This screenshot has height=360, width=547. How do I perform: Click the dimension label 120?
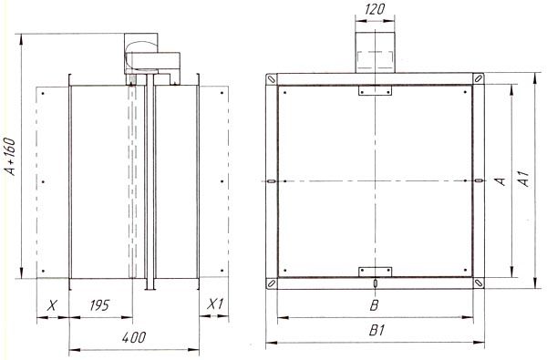coord(375,9)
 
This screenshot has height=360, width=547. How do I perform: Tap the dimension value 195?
coord(99,305)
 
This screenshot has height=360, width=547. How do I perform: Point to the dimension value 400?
coord(134,337)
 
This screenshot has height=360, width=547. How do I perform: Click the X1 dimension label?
coord(215,304)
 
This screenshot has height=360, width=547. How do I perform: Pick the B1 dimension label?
coord(377,330)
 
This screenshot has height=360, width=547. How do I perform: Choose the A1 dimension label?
coord(523,178)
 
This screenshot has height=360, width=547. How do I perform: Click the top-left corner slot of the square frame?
coord(272,79)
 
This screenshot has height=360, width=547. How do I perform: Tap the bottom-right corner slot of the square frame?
coord(479,283)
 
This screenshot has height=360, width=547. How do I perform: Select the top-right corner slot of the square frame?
coord(479,78)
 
